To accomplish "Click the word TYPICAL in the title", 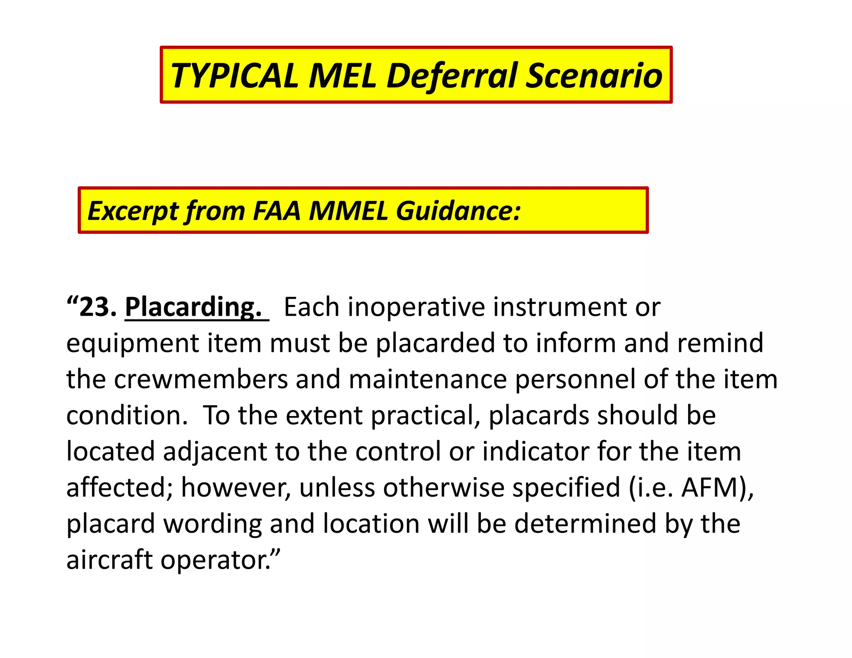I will click(234, 76).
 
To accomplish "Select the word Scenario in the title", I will click(594, 76).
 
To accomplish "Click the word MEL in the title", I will click(342, 76).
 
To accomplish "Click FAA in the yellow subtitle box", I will click(276, 210).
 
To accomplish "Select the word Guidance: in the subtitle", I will click(458, 210).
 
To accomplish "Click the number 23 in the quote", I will click(98, 307).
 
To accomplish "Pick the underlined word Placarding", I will click(193, 307).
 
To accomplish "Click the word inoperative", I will click(416, 307).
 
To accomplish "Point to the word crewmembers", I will click(201, 379).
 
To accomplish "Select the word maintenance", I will click(428, 379).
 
